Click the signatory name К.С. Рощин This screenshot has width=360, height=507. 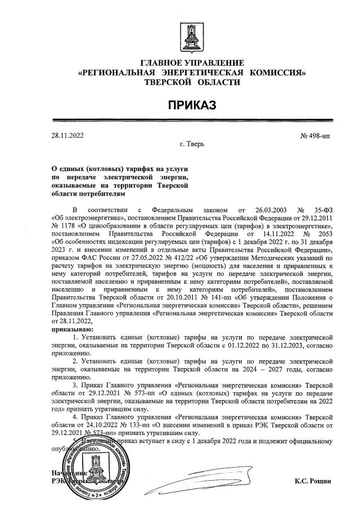(x=313, y=481)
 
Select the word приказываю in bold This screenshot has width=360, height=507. (x=73, y=327)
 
